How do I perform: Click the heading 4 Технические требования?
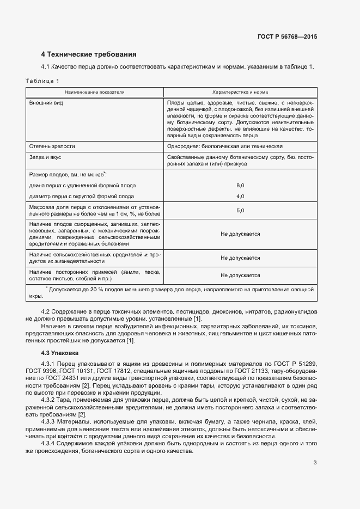tap(89, 54)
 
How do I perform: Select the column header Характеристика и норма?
tap(240, 92)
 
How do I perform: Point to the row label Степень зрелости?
tap(52, 146)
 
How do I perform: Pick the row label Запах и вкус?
tap(46, 157)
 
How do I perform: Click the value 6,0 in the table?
tap(240, 186)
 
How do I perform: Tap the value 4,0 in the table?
tap(240, 196)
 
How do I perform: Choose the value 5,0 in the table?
tap(240, 210)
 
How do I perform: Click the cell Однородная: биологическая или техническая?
tap(224, 146)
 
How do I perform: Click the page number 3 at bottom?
tap(315, 463)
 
